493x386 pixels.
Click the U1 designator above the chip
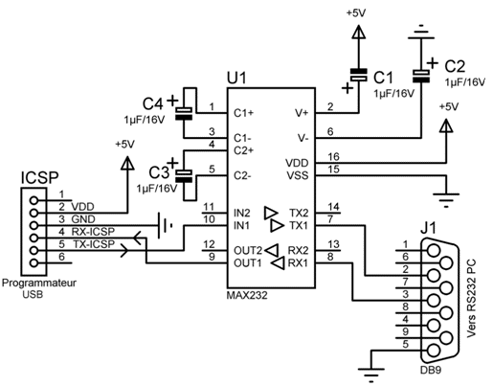[x=236, y=78]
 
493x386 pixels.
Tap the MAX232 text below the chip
[x=247, y=295]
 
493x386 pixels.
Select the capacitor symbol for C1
[x=359, y=75]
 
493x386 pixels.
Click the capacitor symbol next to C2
[x=421, y=76]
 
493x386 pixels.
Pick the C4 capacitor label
[x=152, y=103]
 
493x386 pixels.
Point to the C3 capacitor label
[x=159, y=172]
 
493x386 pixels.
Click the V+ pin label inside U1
[x=302, y=113]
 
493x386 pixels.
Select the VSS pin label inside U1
[x=298, y=175]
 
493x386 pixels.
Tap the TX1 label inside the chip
[x=299, y=226]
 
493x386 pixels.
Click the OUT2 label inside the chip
[x=248, y=251]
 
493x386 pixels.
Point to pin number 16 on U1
[x=333, y=157]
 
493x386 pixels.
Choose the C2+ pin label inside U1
[x=244, y=150]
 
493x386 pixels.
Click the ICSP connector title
[x=39, y=178]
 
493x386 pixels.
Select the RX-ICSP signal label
[x=93, y=232]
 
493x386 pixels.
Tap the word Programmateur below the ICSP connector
[x=39, y=284]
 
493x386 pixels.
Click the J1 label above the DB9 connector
[x=428, y=229]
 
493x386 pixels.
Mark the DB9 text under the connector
[x=431, y=370]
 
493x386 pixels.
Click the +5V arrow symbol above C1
[x=359, y=33]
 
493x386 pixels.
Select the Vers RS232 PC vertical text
[x=471, y=298]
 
